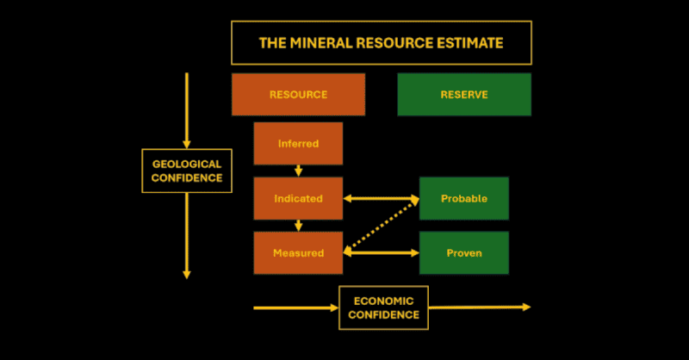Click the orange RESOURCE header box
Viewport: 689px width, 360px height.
(298, 94)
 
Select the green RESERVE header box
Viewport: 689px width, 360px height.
(464, 94)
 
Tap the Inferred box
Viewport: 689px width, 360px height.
(298, 144)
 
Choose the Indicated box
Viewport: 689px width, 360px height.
(298, 198)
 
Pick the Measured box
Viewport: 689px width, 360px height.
(298, 252)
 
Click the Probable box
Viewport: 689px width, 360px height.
(464, 198)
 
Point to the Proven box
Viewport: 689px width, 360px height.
(464, 252)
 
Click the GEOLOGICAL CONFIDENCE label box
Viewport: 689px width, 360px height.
(187, 171)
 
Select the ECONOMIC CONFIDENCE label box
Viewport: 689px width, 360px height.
(383, 307)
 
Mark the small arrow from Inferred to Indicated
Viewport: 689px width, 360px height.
(299, 171)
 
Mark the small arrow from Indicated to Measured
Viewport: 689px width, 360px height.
(299, 226)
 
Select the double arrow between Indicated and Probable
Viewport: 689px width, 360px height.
(381, 199)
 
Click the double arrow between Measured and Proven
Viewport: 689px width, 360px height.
(381, 252)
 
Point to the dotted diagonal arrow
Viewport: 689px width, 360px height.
(381, 226)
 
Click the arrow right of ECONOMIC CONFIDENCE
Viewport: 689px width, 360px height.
(479, 307)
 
